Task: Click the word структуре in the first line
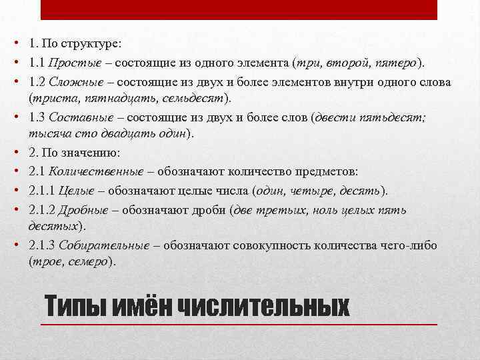[91, 44]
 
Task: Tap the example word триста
[49, 99]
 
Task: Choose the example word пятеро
[397, 63]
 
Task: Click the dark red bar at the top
[240, 10]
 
